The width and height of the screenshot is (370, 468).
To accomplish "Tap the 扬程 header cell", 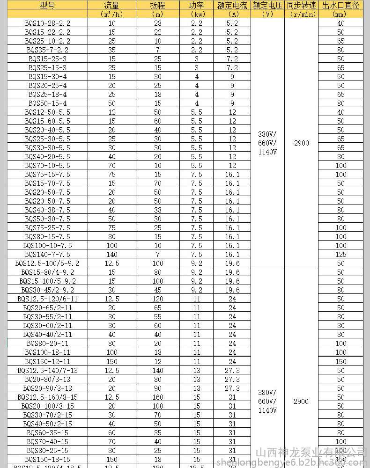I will coord(157,6).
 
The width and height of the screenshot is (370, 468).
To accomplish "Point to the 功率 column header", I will coord(196,6).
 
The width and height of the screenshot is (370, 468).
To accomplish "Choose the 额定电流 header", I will coord(232,6).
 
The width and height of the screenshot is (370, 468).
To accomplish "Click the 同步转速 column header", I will coord(301,6).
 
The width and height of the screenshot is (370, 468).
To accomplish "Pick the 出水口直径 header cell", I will coord(340,6).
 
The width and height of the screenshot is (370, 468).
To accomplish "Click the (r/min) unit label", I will coord(301,14).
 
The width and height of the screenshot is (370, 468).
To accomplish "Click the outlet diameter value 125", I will coord(340,254).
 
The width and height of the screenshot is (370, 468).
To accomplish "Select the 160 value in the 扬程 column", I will coord(157,397).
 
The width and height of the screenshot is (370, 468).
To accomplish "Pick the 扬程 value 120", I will coord(157,299).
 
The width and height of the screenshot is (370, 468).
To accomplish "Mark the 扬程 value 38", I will coord(157,210).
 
